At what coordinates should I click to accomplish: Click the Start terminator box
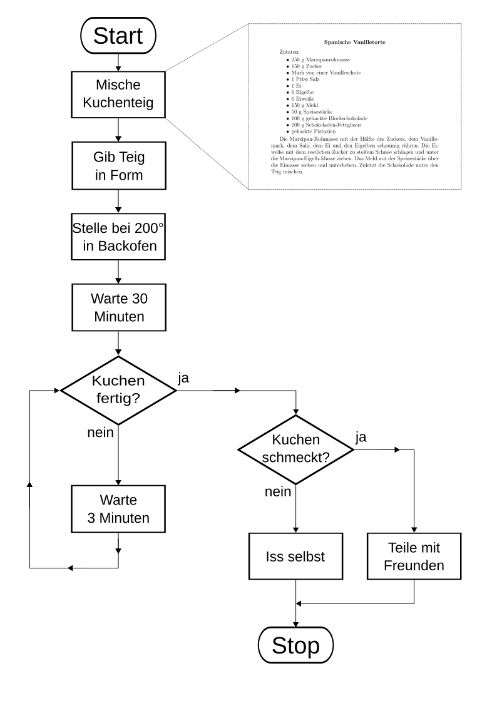pos(118,36)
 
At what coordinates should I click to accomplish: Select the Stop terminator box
pos(295,645)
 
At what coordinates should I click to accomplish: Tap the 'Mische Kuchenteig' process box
pos(118,95)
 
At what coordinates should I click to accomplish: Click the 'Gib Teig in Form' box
pos(119,166)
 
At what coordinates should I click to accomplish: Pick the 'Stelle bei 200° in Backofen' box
pos(118,237)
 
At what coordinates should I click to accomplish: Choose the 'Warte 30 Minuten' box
pos(119,307)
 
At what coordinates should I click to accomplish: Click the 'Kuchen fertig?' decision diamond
pos(118,390)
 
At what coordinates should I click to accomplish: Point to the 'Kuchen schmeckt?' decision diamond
pos(295,449)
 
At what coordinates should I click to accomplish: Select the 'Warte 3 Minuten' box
pos(118,509)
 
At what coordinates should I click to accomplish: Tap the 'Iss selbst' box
pos(295,557)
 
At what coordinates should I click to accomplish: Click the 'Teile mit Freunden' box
pos(414,557)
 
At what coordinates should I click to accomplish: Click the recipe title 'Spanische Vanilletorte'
pos(354,42)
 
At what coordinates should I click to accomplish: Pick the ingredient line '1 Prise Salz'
pos(305,80)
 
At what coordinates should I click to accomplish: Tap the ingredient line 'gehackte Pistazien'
pos(314,131)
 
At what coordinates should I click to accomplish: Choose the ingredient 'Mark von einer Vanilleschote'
pos(326,73)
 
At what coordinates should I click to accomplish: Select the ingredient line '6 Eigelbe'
pos(302,93)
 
